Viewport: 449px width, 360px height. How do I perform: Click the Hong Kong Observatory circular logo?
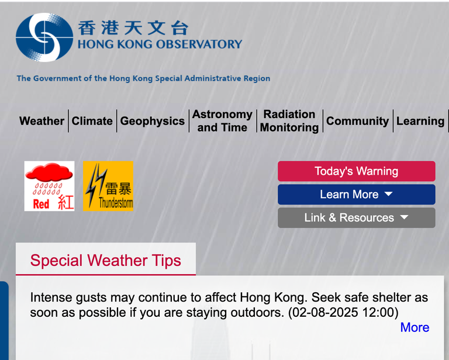[x=44, y=37]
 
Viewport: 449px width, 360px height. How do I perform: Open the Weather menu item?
[x=42, y=121]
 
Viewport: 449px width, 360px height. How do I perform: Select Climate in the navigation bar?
[x=92, y=121]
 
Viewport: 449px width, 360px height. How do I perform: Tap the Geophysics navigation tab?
[x=153, y=121]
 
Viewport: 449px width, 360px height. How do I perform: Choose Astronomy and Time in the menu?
[x=222, y=121]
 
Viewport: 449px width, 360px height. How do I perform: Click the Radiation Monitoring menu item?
[x=289, y=121]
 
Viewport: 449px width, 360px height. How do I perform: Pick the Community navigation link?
[x=357, y=121]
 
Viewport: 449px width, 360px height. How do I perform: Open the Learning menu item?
[x=420, y=121]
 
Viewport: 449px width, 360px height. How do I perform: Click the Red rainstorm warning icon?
[x=50, y=186]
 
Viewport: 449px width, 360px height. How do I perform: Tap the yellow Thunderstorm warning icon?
[x=108, y=186]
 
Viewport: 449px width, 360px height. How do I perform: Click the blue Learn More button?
[x=357, y=195]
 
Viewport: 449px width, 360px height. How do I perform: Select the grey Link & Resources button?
[x=357, y=218]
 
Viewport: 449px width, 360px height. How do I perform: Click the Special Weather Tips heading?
[x=106, y=261]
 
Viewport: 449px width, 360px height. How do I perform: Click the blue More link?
[x=415, y=327]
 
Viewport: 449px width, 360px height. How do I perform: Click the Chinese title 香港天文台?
[x=133, y=28]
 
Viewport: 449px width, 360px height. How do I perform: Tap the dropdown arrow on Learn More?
[x=388, y=194]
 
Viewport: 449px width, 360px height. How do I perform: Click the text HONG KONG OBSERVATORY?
[x=160, y=44]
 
